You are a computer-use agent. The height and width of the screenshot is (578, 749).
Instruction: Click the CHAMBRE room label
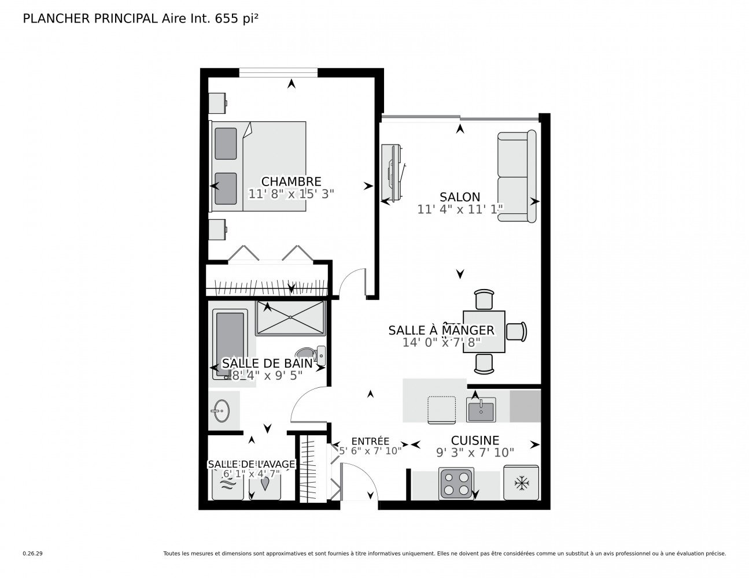291,181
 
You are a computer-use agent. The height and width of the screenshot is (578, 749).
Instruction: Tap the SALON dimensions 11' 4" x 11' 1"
460,209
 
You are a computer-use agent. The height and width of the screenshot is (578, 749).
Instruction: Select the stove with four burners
456,483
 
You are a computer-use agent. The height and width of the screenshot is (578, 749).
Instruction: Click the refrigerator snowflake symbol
522,483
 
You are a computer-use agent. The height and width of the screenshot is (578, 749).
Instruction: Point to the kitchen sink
481,409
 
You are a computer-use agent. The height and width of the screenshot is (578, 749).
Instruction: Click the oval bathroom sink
222,410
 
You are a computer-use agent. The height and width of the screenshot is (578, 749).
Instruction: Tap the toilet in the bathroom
310,355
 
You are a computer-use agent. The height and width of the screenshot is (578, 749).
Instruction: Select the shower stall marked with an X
290,317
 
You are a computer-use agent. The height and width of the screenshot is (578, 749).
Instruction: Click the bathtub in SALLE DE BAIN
230,344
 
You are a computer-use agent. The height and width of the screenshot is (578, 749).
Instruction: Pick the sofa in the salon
516,176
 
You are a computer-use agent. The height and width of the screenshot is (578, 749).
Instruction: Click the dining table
484,331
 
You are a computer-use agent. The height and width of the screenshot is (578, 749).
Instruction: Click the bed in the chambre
258,166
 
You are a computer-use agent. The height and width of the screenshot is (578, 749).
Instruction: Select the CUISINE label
475,440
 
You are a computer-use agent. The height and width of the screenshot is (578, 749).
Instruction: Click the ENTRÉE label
370,440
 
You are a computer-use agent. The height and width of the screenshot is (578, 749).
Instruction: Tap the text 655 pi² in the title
236,18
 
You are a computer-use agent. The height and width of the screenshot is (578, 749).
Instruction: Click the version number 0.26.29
33,554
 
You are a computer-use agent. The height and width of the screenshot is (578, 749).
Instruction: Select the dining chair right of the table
516,331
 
